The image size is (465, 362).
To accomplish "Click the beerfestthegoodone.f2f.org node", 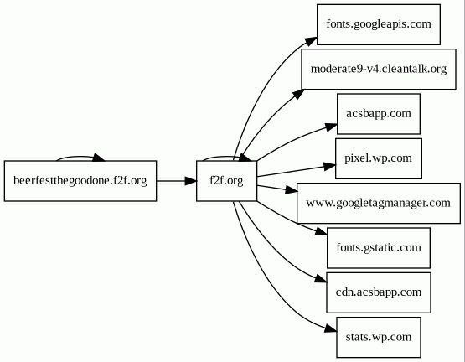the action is click(80, 181).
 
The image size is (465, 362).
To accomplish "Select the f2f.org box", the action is click(226, 181).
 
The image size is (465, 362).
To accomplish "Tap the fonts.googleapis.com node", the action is click(379, 24).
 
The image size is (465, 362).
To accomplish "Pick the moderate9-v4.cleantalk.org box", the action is click(379, 70).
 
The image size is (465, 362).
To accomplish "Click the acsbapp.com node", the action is click(379, 114).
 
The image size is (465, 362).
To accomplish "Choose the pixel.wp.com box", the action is click(379, 158).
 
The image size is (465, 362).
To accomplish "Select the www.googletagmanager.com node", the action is click(379, 204).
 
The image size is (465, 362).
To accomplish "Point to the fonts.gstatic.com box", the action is click(379, 248).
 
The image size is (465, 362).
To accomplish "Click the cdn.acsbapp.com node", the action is click(379, 292).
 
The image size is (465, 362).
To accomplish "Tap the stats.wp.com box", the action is click(379, 338).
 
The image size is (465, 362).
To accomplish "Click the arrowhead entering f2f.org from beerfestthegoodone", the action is click(191, 181).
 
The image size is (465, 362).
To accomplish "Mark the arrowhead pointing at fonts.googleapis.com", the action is click(311, 41).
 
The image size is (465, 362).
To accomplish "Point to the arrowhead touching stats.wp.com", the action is click(331, 328).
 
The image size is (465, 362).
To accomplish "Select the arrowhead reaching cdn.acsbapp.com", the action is click(321, 278).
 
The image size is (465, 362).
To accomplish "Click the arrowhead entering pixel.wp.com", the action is click(330, 166).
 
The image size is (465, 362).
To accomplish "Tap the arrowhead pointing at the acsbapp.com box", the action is click(332, 127).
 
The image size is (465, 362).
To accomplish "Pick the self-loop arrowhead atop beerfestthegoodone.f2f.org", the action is click(99, 158).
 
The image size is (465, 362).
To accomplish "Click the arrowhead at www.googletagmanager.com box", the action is click(292, 190).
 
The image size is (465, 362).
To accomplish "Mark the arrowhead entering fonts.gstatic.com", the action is click(322, 231).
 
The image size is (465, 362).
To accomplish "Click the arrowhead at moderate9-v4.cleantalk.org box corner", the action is click(298, 95).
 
